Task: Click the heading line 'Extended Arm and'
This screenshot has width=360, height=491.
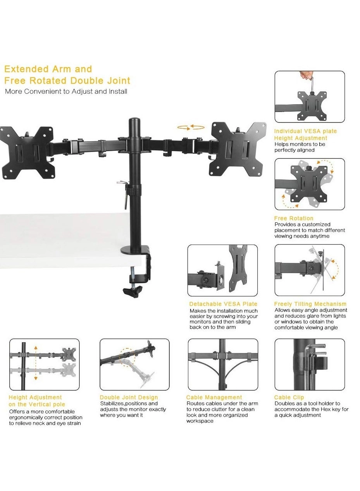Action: pos(48,69)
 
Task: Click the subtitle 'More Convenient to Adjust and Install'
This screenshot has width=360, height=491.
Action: pos(66,92)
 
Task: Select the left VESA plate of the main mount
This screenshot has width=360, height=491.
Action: pos(27,153)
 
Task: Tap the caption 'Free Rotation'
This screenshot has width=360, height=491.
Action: pos(293,218)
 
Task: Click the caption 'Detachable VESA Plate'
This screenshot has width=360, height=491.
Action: pos(223,304)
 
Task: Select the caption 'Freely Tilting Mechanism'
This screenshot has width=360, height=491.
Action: pos(310,304)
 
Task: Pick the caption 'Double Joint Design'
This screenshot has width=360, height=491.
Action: pos(129,397)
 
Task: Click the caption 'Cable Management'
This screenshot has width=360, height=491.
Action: pos(214,397)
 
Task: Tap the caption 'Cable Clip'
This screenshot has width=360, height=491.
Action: pos(289,397)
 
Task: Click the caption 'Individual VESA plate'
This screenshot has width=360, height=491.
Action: pos(305,131)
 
